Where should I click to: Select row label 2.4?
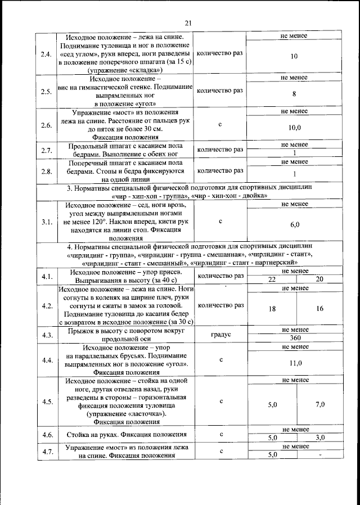coord(47,55)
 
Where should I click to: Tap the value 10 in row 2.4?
coord(294,57)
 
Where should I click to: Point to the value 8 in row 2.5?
coord(294,94)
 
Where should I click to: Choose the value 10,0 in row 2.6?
coord(294,128)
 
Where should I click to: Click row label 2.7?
coord(47,150)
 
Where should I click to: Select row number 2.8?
coord(47,171)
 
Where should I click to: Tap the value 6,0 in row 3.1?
coord(294,224)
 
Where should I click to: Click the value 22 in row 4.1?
coord(272,279)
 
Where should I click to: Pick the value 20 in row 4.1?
coord(319,279)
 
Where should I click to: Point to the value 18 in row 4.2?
coord(272,309)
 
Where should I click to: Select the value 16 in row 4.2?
coord(319,309)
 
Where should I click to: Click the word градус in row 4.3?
coord(220,335)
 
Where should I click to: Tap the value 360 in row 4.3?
coord(294,338)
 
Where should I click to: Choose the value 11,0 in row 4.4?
coord(294,363)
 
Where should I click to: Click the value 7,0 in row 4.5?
coord(319,404)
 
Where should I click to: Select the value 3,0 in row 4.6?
coord(319,438)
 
